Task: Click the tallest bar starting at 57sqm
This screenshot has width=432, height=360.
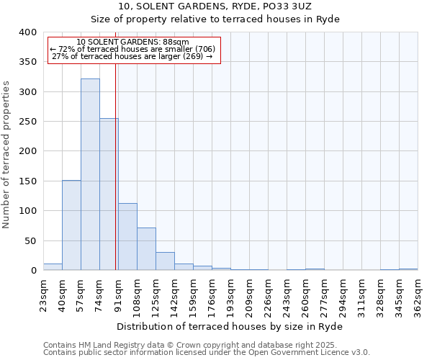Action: [90, 174]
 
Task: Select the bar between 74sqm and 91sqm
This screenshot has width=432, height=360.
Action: [109, 194]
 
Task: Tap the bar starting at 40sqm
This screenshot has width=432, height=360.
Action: [71, 225]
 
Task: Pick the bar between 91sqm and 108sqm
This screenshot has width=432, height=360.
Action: [127, 237]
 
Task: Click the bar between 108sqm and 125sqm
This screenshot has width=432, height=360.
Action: [146, 249]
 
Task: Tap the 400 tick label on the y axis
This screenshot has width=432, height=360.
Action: [27, 32]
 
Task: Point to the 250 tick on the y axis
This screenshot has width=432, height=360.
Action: [27, 122]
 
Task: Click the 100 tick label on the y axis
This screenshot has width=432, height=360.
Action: [27, 211]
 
